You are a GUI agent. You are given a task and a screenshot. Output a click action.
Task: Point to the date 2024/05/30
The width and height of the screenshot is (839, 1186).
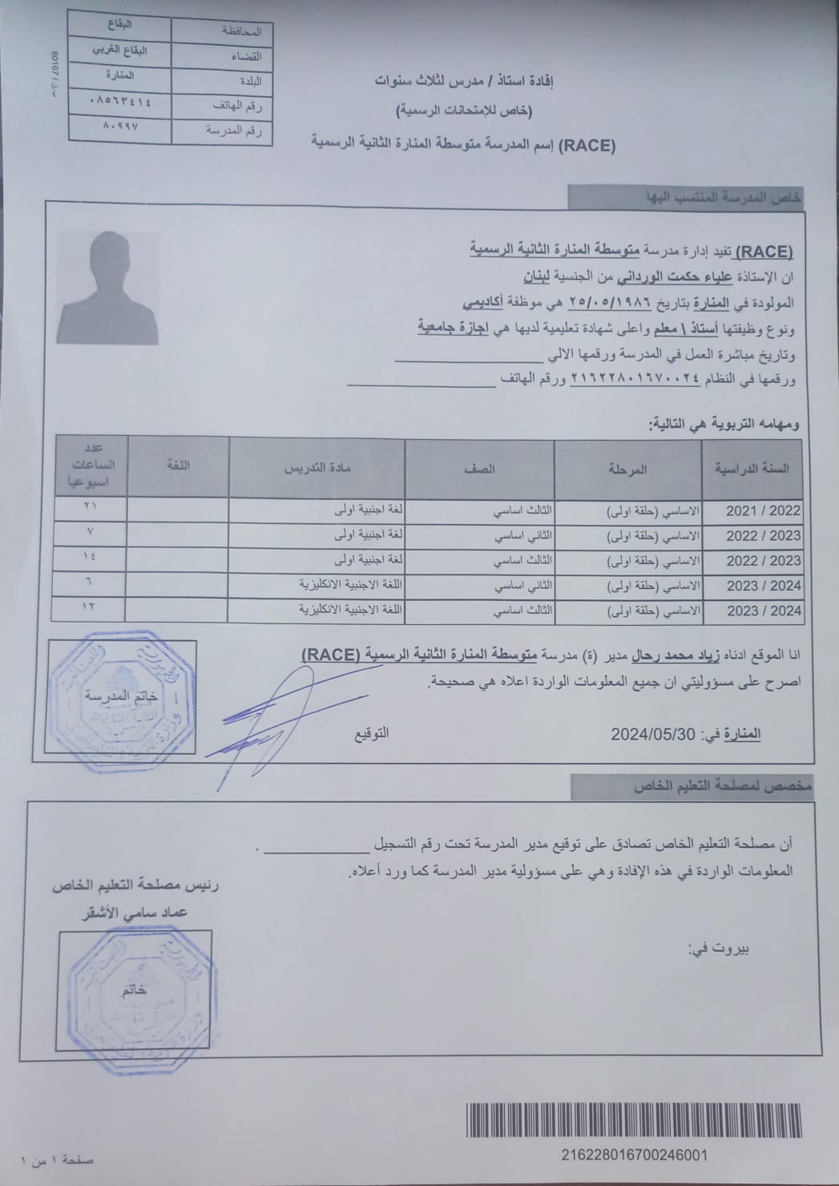click(653, 734)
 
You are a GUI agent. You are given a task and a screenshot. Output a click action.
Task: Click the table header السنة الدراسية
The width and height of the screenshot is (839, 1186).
click(757, 469)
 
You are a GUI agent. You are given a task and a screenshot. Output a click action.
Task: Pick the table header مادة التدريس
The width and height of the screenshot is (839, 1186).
click(317, 469)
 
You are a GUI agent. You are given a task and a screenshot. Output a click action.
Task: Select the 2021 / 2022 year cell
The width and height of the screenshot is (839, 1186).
click(763, 510)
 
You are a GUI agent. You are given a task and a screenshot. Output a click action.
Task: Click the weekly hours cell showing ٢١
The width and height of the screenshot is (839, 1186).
click(90, 506)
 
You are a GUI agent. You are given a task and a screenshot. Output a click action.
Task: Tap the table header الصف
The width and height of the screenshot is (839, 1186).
click(480, 469)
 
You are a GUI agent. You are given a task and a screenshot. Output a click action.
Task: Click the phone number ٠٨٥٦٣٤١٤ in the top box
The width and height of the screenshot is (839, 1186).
click(119, 102)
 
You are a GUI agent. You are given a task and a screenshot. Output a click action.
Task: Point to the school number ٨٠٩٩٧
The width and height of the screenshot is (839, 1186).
click(121, 127)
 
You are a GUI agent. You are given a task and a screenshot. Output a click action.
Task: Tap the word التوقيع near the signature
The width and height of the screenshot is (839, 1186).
click(371, 733)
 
